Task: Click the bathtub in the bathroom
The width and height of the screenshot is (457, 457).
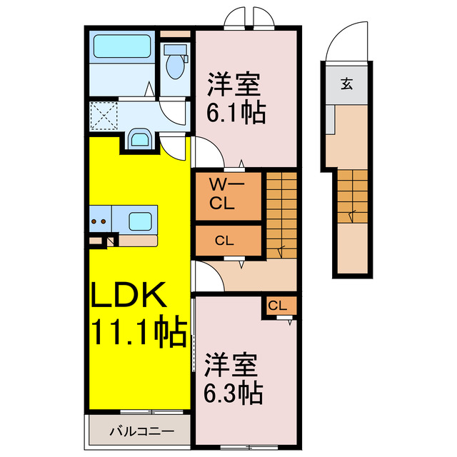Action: point(120,47)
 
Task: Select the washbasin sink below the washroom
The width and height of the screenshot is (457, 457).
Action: point(139,139)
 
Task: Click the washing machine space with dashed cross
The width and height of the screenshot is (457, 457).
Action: point(104,114)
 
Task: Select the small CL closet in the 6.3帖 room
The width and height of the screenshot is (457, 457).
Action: point(278,306)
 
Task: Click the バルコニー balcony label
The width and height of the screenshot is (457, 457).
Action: point(141,431)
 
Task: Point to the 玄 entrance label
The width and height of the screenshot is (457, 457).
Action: point(346,84)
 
